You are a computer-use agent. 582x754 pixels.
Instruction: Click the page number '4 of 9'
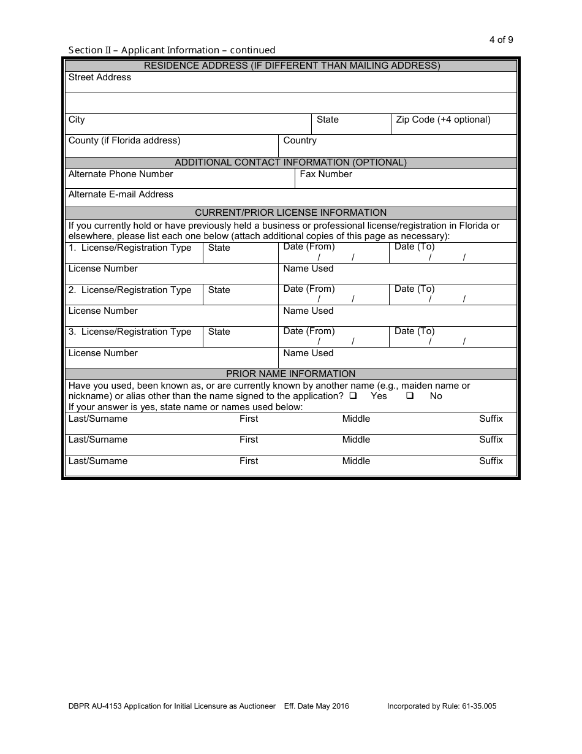click(501, 40)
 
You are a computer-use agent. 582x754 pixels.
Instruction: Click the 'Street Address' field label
click(100, 77)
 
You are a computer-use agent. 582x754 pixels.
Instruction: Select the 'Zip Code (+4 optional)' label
click(443, 120)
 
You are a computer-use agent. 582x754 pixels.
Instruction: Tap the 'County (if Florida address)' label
click(124, 140)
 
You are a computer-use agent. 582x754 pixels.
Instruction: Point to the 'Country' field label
click(300, 140)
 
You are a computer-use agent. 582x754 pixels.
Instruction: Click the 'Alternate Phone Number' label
click(121, 174)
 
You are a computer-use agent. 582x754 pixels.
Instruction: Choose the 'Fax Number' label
click(326, 174)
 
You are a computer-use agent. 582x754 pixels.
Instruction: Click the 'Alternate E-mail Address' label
click(121, 194)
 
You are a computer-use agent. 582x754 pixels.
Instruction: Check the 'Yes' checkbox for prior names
click(353, 396)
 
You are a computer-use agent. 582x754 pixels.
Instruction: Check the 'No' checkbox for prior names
click(410, 396)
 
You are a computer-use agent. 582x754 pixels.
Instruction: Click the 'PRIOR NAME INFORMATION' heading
click(290, 373)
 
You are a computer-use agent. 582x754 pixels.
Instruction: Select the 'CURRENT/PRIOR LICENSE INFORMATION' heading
click(290, 213)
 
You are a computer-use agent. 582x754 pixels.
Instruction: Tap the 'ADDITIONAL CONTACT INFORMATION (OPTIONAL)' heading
click(290, 162)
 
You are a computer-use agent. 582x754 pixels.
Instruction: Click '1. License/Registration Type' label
click(130, 248)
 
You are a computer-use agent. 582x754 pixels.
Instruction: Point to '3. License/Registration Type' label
click(130, 332)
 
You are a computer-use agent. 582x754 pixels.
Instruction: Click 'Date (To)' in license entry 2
click(414, 289)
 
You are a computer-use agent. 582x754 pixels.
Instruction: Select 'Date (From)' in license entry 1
click(309, 246)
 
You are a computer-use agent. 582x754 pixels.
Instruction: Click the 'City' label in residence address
click(77, 120)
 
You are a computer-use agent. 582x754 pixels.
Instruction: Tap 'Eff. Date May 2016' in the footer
click(317, 706)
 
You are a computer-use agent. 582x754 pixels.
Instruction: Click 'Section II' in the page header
click(87, 50)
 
